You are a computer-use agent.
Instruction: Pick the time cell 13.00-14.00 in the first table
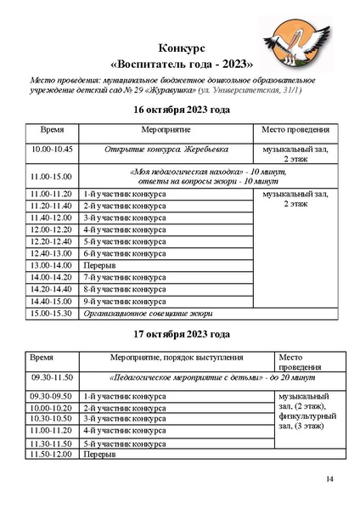click(51, 265)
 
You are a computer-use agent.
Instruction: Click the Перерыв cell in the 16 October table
click(100, 265)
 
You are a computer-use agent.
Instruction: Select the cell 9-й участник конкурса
click(125, 301)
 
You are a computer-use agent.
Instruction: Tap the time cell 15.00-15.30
click(51, 313)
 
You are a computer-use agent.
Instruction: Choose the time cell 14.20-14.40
click(51, 289)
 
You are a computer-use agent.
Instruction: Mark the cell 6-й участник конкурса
click(125, 253)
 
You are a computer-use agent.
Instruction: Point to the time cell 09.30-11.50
click(53, 376)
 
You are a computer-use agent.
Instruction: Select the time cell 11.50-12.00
click(52, 455)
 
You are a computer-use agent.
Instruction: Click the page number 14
click(330, 482)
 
